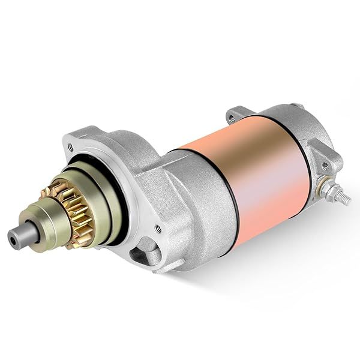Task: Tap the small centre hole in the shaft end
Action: [x=13, y=236]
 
